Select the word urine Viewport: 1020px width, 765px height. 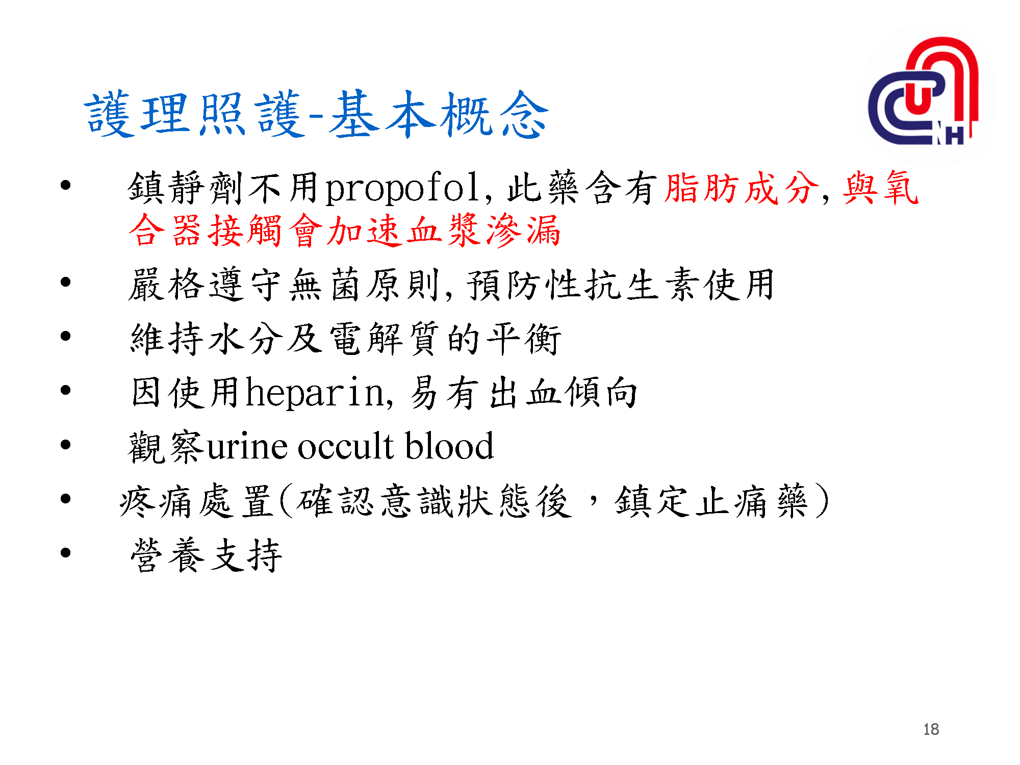pyautogui.click(x=247, y=447)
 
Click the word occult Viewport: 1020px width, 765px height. pyautogui.click(x=345, y=447)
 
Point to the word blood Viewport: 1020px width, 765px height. pyautogui.click(x=449, y=447)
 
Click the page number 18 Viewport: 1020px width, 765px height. pyautogui.click(x=931, y=729)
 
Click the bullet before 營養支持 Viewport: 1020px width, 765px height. pyautogui.click(x=65, y=553)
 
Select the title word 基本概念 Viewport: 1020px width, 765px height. pyautogui.click(x=439, y=115)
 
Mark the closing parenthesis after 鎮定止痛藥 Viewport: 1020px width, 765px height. pyautogui.click(x=821, y=501)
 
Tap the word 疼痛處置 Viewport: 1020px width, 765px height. pyautogui.click(x=196, y=501)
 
